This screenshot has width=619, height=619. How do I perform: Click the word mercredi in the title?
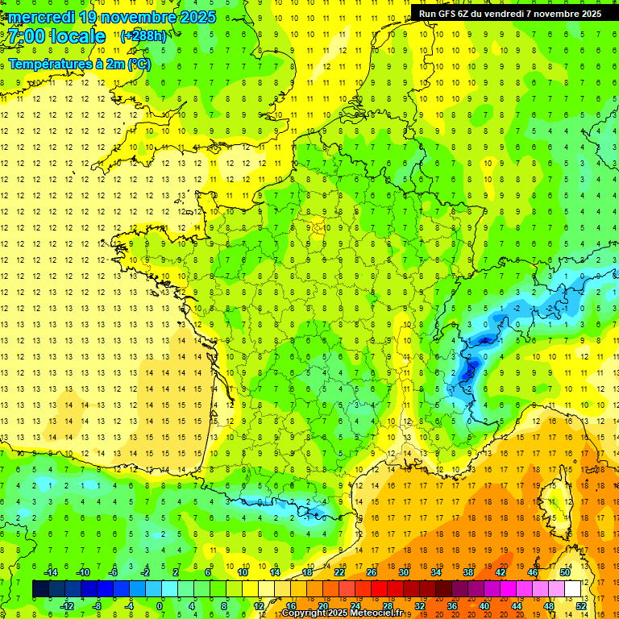(40, 17)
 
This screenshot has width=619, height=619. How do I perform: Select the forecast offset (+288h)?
(143, 36)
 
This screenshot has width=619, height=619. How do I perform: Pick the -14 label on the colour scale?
(50, 572)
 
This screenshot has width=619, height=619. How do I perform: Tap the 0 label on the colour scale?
(159, 606)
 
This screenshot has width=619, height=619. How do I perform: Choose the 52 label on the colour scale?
(581, 606)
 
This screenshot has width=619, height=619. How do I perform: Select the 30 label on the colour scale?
(403, 572)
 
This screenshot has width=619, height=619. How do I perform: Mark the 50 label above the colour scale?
(565, 572)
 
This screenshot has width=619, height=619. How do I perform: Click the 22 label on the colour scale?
(339, 572)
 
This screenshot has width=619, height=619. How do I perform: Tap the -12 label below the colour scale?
(66, 606)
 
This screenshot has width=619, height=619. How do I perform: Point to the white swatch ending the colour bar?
(573, 589)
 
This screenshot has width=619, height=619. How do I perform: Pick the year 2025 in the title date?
(197, 17)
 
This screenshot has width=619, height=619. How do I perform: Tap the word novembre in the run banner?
(553, 14)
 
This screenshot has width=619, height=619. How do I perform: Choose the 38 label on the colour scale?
(467, 572)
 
